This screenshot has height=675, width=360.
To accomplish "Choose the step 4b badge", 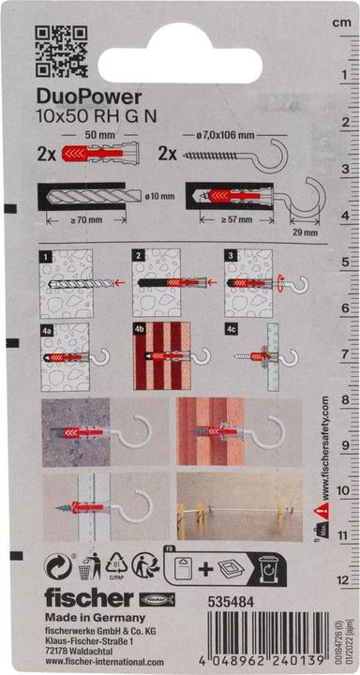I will (x=138, y=329).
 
